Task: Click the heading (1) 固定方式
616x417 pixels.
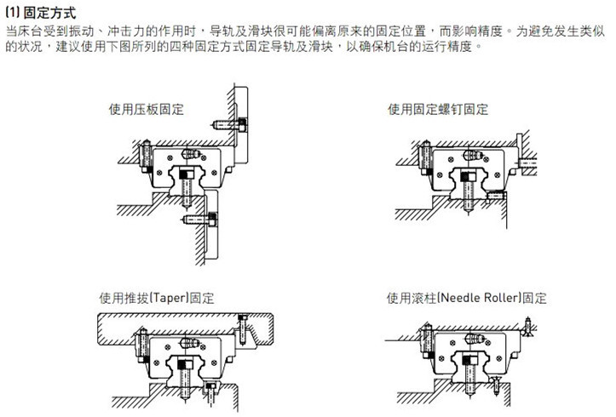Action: [x=40, y=12]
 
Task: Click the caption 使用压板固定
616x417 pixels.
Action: [x=146, y=110]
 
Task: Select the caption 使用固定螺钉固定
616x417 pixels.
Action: [x=438, y=110]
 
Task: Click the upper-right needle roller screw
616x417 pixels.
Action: [x=527, y=323]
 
